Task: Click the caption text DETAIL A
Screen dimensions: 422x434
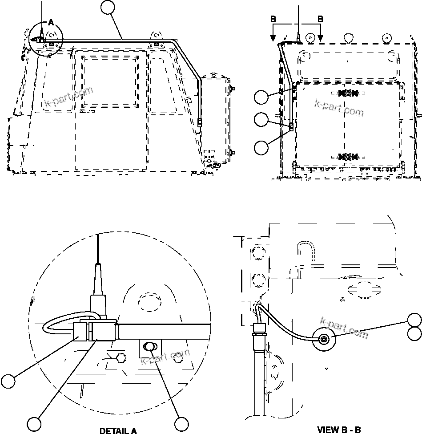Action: tap(118, 430)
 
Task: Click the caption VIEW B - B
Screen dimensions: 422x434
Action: tap(339, 430)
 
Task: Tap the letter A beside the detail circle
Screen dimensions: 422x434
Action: tap(50, 22)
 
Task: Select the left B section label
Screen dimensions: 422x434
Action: tap(273, 19)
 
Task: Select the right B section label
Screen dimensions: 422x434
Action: tap(320, 19)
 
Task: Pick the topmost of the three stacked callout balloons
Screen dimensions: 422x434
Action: tap(262, 97)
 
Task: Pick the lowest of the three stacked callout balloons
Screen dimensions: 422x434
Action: tap(262, 147)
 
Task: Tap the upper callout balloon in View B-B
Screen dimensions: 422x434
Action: tap(415, 320)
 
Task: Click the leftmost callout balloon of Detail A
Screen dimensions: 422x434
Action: tap(8, 381)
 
